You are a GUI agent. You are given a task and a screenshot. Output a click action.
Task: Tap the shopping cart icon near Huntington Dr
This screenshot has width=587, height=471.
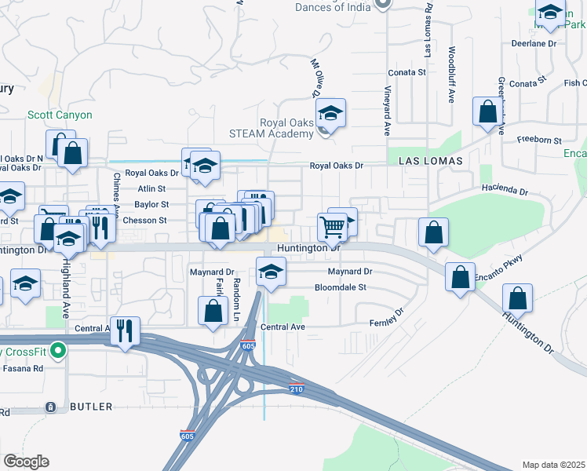tap(332, 227)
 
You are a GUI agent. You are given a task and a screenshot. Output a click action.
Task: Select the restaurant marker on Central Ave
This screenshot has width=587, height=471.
tap(126, 330)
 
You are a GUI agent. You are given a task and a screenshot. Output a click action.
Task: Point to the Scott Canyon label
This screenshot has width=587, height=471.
tap(60, 115)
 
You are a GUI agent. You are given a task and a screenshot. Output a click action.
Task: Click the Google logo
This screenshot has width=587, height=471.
tap(26, 462)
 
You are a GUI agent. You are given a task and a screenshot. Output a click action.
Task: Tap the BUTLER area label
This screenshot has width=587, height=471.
tap(92, 407)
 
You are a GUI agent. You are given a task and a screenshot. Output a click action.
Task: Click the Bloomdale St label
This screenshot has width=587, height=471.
tap(341, 287)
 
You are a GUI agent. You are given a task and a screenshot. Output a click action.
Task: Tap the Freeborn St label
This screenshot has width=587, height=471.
tap(539, 141)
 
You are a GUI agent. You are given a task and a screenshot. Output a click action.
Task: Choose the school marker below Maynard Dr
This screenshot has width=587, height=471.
tap(271, 274)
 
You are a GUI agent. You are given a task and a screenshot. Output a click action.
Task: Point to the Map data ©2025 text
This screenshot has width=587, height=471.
tap(552, 465)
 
